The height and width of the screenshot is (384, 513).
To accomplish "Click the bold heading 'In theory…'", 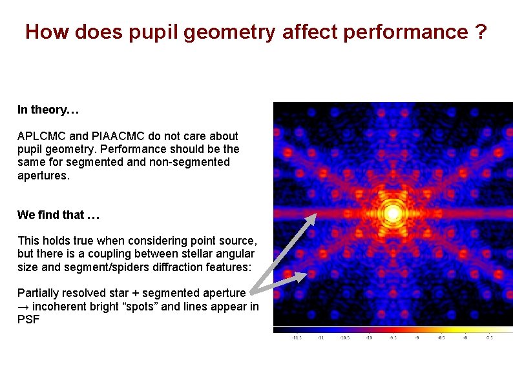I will point(48,110).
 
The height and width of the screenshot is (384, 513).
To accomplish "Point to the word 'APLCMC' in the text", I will point(41,136).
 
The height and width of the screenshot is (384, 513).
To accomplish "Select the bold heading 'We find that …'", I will point(58,214).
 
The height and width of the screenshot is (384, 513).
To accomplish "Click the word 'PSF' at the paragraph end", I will point(28,319).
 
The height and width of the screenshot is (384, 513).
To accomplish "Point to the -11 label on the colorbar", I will point(319,337).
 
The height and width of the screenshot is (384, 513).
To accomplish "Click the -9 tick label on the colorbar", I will point(417,337).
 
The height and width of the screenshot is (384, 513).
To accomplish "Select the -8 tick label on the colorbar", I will point(465,337).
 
